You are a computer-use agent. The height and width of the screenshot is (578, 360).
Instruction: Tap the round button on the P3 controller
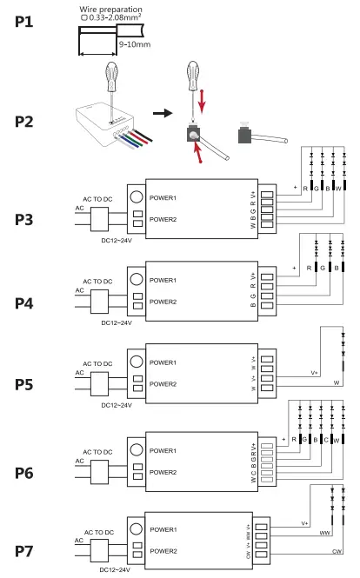click(x=137, y=196)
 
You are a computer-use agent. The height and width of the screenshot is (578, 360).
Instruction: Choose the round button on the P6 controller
click(x=137, y=450)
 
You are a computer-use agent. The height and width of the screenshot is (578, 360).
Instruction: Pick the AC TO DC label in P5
click(x=98, y=363)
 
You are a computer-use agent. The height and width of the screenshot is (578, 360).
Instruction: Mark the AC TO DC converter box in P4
click(x=98, y=302)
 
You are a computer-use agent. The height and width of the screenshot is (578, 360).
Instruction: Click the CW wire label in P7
click(x=334, y=551)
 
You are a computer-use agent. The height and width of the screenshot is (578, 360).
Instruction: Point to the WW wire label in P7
click(x=324, y=531)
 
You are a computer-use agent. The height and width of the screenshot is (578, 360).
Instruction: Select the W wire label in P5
click(x=335, y=381)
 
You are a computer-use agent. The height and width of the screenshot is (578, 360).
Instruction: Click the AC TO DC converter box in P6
click(x=98, y=472)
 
